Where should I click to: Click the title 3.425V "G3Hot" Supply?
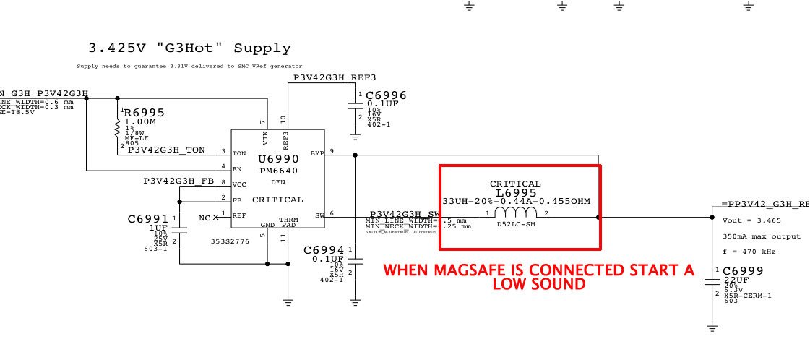pyautogui.click(x=189, y=49)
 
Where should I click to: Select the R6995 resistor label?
pyautogui.click(x=144, y=113)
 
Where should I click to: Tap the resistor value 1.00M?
pyautogui.click(x=142, y=122)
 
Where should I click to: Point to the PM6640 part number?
pyautogui.click(x=278, y=171)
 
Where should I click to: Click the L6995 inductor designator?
pyautogui.click(x=515, y=193)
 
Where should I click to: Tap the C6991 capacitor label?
pyautogui.click(x=147, y=218)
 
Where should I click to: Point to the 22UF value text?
pyautogui.click(x=736, y=280)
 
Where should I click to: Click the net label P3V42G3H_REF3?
pyautogui.click(x=334, y=77)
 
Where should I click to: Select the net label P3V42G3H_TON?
pyautogui.click(x=166, y=150)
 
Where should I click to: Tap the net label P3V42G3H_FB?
pyautogui.click(x=178, y=180)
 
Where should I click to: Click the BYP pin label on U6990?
pyautogui.click(x=316, y=153)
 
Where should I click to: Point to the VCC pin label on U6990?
pyautogui.click(x=239, y=184)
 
